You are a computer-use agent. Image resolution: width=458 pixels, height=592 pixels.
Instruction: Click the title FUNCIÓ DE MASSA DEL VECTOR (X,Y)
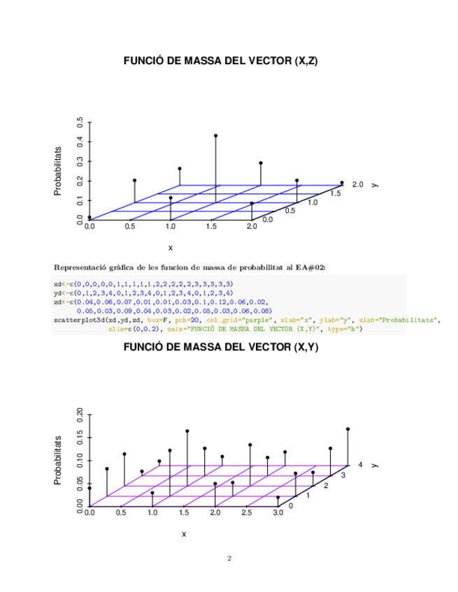(221, 347)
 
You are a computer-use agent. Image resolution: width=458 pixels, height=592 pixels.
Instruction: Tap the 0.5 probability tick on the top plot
(80, 122)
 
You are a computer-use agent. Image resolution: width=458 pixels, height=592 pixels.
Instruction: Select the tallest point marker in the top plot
(216, 135)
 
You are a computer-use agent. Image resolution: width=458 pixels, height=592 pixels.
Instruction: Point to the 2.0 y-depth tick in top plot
(358, 184)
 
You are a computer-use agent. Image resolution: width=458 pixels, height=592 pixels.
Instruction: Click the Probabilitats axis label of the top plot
(59, 170)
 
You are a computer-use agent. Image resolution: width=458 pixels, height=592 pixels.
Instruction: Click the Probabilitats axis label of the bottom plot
(59, 460)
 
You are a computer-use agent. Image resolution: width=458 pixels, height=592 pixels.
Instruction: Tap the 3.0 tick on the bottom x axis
(278, 514)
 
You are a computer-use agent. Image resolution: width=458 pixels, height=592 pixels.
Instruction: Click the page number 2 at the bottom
(229, 558)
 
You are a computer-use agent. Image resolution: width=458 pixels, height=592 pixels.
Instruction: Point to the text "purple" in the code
(258, 319)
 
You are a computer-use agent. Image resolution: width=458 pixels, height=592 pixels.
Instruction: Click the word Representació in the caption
(77, 267)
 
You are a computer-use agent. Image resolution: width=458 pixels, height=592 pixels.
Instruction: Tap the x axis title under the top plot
(170, 247)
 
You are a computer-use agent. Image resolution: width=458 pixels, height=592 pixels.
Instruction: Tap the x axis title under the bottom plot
(184, 534)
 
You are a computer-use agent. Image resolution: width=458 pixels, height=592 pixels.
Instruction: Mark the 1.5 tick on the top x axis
(210, 227)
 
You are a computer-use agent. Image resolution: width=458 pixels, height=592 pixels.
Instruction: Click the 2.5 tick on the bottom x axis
(246, 514)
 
